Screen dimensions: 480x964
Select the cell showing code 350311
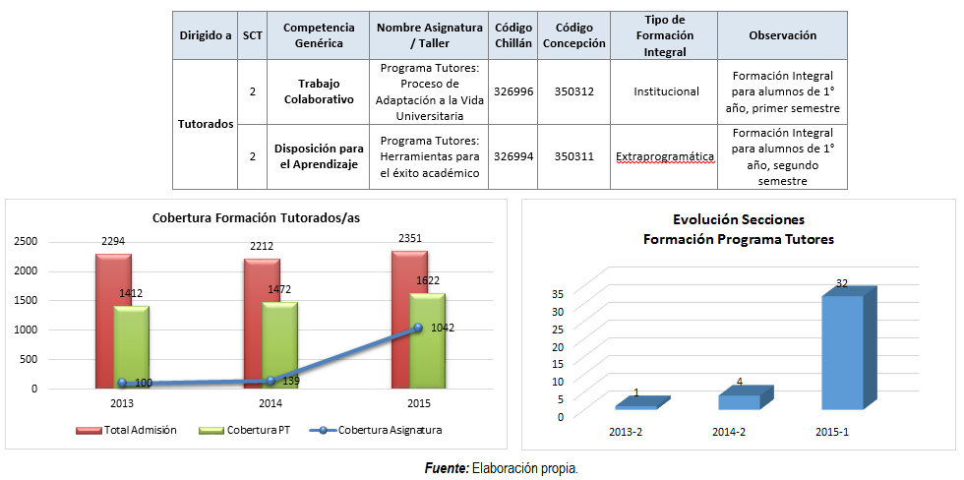point(573,155)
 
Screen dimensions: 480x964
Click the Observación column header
point(782,35)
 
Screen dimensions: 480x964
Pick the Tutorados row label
point(206,125)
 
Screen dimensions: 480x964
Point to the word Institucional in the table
point(666,91)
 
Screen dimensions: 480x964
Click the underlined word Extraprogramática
point(665,155)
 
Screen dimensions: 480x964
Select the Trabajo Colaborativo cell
point(319,91)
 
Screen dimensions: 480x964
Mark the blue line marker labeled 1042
point(417,328)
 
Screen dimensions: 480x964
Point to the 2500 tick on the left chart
point(25,241)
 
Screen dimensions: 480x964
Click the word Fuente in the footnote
point(447,468)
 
